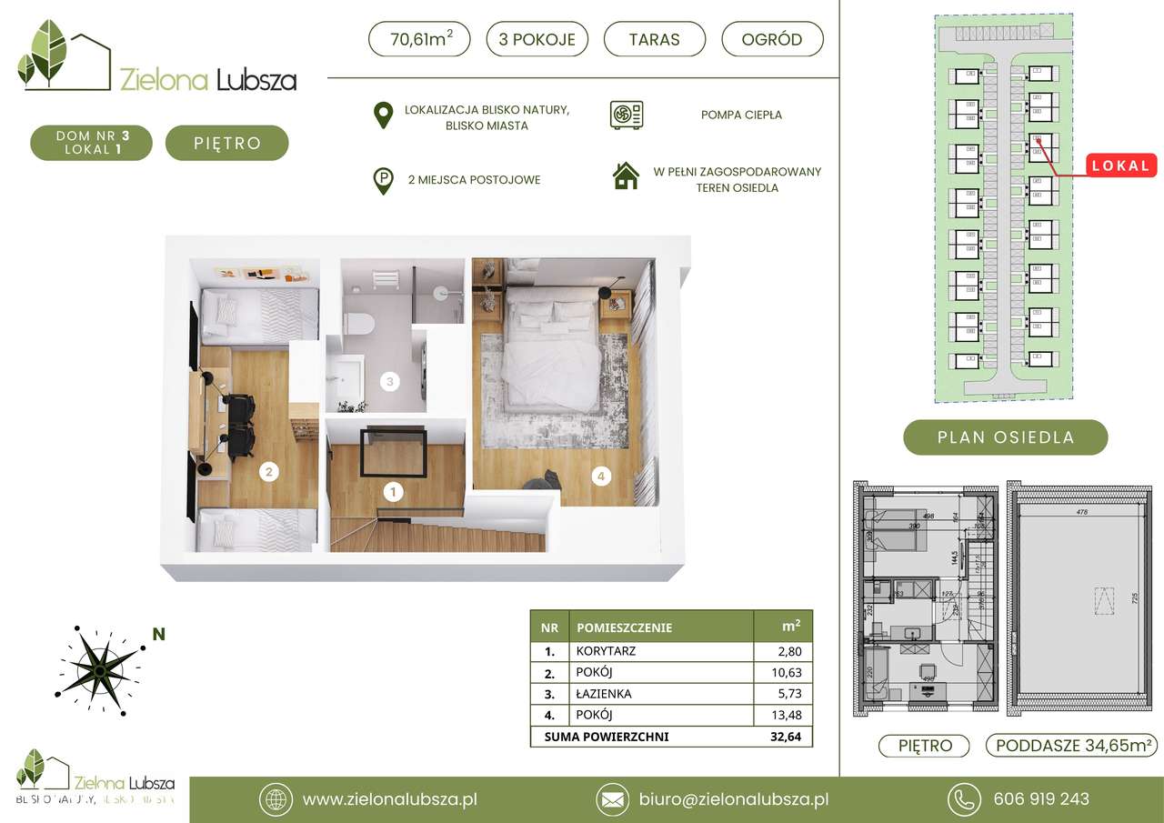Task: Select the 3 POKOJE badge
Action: [537, 39]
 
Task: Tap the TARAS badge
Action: [654, 39]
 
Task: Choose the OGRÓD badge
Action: [772, 39]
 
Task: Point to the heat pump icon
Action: [627, 115]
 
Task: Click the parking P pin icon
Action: [385, 180]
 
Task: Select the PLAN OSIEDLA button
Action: [1005, 437]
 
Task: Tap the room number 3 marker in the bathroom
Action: [389, 382]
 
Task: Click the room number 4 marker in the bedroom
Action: [599, 474]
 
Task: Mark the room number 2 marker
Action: [268, 471]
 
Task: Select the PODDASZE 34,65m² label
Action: [1070, 746]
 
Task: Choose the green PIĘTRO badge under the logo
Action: [226, 143]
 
